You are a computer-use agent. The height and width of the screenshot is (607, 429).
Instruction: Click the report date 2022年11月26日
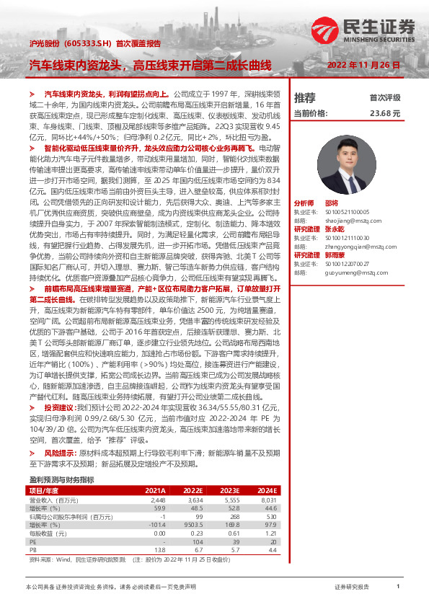[363, 65]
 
